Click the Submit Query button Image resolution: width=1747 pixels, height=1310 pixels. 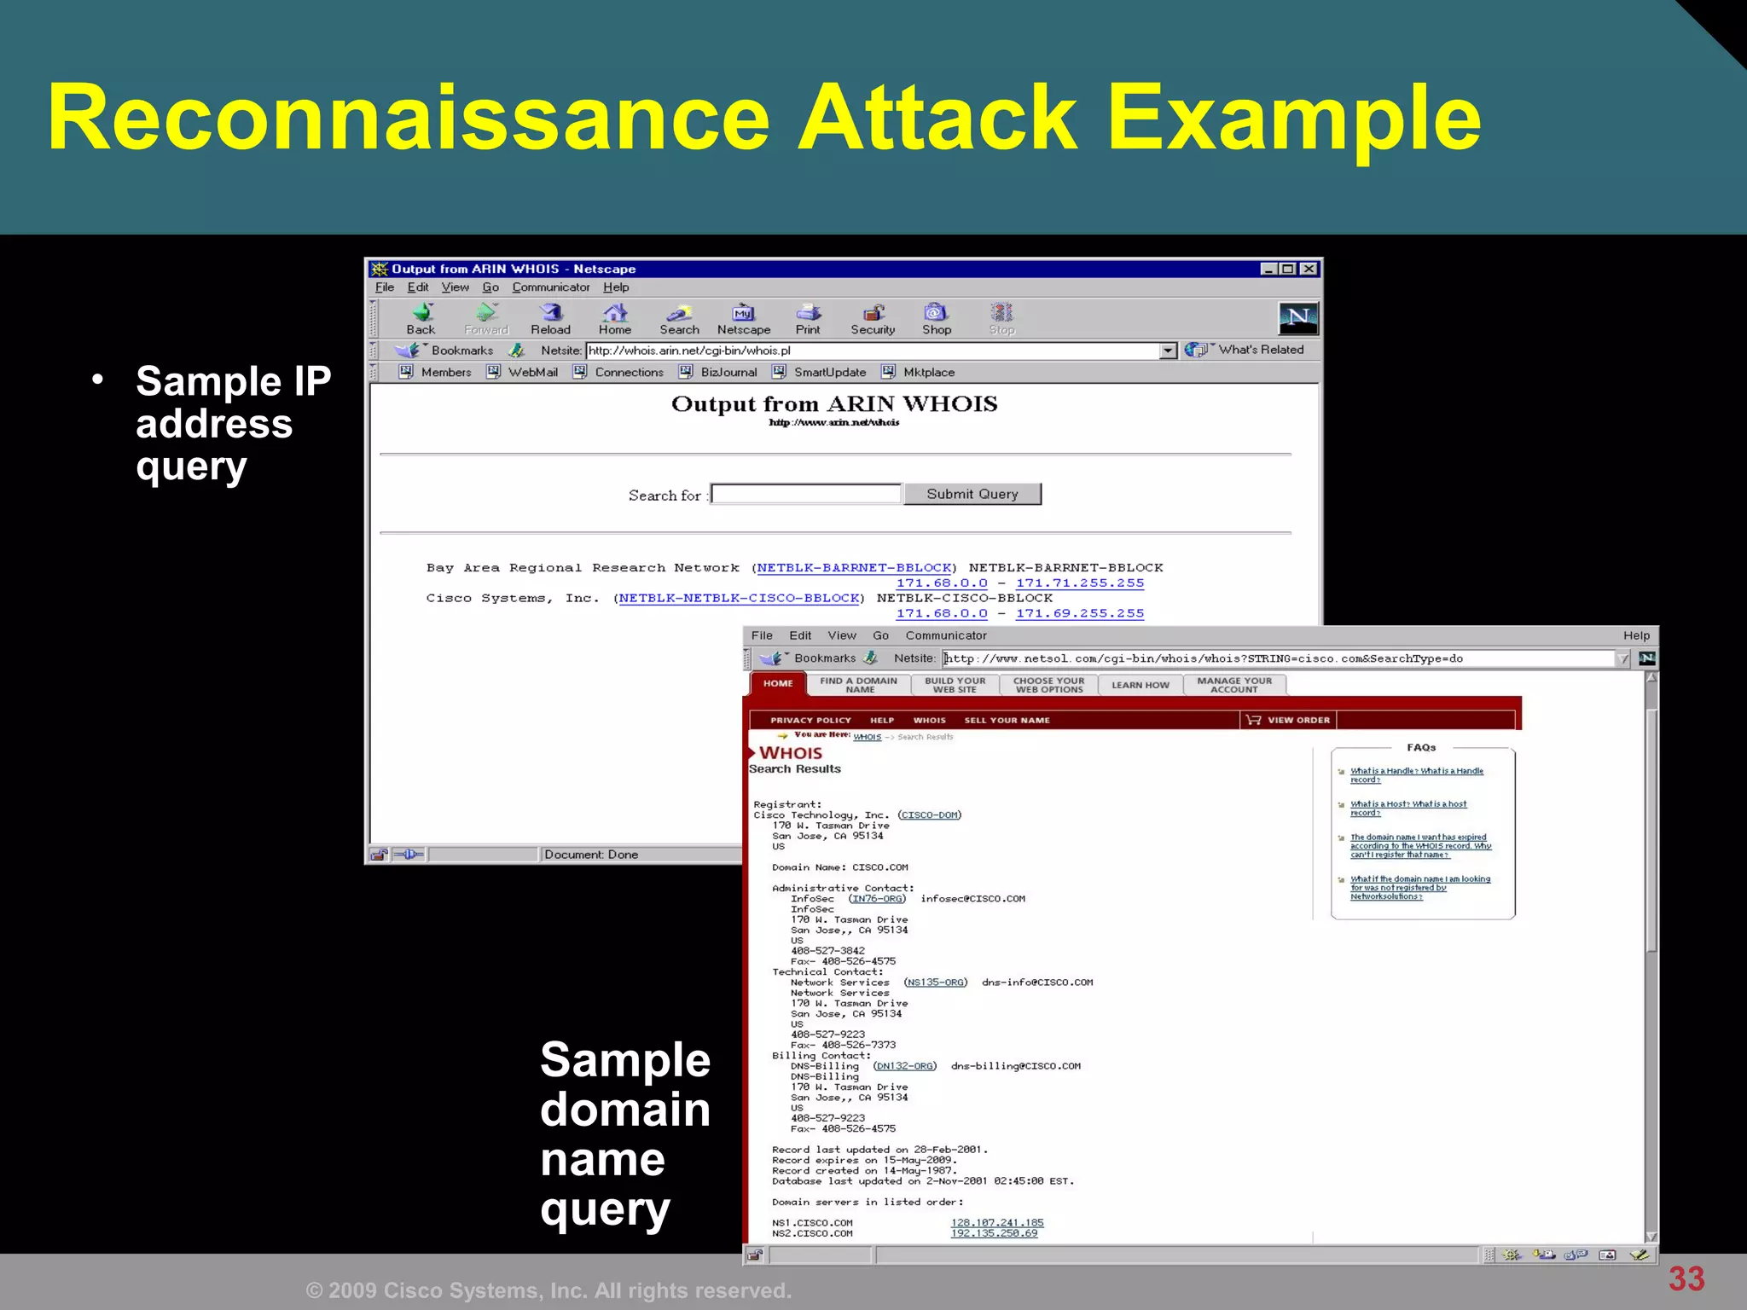[972, 494]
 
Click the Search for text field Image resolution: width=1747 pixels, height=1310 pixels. [806, 494]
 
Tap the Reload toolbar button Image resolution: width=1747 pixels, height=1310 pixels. [550, 319]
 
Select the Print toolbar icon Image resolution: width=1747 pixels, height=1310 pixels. [808, 319]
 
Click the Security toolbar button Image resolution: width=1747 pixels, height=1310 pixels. [873, 319]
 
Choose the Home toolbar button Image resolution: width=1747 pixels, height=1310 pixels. [615, 319]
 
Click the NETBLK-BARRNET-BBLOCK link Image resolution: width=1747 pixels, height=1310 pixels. [854, 568]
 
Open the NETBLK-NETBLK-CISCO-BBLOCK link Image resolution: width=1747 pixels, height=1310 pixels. [739, 598]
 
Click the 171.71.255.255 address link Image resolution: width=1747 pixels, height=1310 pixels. [1080, 583]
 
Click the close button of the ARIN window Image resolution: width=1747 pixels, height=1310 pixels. [1309, 269]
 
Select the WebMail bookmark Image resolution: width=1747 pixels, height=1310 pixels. [532, 372]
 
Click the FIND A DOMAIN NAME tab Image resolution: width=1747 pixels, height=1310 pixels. [858, 685]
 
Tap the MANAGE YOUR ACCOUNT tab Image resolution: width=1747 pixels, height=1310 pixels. [1233, 685]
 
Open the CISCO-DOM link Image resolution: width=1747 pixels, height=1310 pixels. [929, 815]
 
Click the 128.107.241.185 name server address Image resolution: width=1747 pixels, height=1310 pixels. [997, 1222]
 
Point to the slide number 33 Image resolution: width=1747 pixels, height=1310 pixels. [1686, 1278]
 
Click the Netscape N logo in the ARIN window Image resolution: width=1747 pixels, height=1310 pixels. [1297, 318]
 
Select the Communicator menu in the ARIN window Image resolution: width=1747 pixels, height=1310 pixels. [550, 287]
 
